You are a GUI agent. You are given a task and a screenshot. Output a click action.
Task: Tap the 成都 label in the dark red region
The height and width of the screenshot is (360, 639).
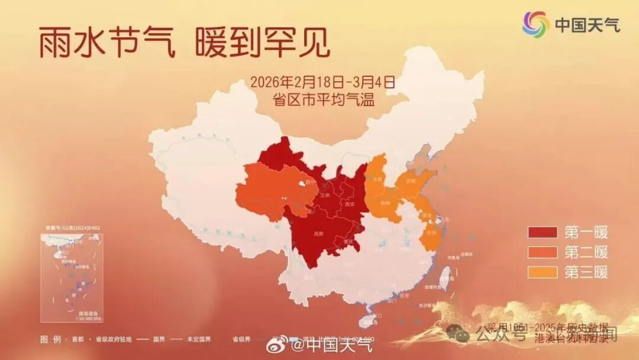pyautogui.click(x=319, y=234)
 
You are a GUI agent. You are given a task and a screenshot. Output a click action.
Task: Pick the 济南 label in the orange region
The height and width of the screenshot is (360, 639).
pyautogui.click(x=409, y=180)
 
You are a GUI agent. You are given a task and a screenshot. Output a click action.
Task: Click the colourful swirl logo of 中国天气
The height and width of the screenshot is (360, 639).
pyautogui.click(x=535, y=24)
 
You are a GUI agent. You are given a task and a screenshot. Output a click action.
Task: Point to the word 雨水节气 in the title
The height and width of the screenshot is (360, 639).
pyautogui.click(x=107, y=44)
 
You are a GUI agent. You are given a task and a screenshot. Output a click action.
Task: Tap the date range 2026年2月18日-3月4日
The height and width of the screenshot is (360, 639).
pyautogui.click(x=322, y=82)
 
